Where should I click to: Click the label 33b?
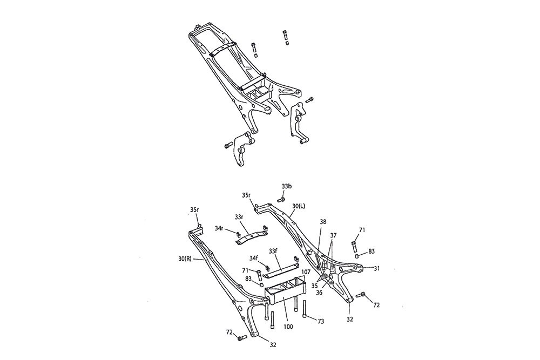pos(286,186)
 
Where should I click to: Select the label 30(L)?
pos(298,206)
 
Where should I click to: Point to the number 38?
pos(322,222)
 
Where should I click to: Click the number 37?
pos(333,235)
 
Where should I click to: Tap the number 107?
pos(305,271)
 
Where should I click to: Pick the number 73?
pos(320,321)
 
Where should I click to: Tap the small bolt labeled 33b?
pos(280,200)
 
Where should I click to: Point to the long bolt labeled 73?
pos(307,309)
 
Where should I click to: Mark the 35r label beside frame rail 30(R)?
pos(195,209)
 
